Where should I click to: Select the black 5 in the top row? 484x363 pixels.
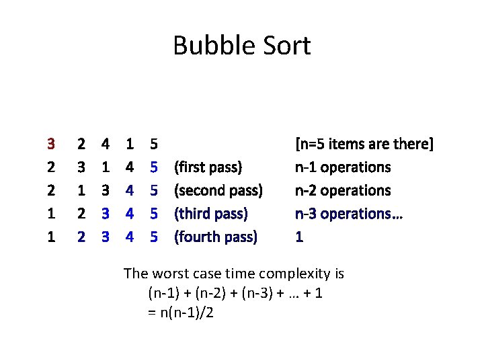(154, 143)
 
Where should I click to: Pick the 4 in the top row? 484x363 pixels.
(106, 143)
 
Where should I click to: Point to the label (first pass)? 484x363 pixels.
(208, 167)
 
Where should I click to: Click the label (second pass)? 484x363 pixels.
(218, 190)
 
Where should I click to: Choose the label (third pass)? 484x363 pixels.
(211, 214)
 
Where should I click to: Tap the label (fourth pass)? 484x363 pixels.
(216, 237)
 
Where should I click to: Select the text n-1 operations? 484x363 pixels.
(343, 167)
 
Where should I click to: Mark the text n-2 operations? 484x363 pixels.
(343, 190)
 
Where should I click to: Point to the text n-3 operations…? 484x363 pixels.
(348, 214)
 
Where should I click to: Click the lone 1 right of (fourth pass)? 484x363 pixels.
(299, 237)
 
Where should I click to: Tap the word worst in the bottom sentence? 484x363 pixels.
(168, 274)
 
